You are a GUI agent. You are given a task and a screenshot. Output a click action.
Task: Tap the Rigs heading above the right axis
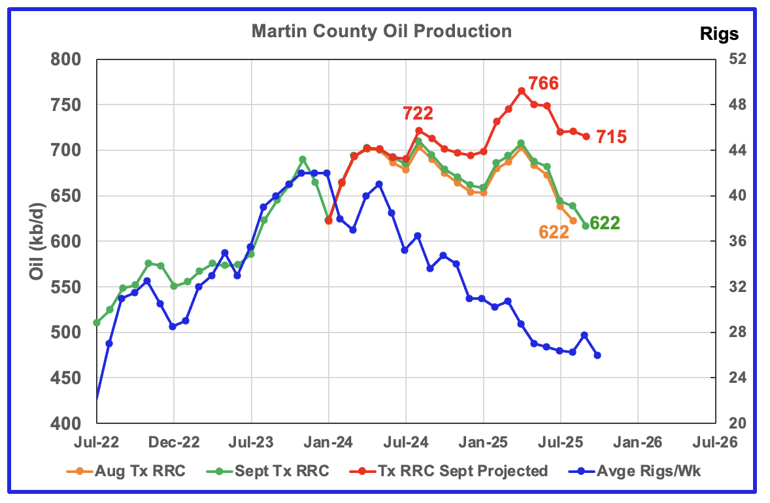[720, 34]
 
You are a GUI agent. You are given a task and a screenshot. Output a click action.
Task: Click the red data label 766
[543, 84]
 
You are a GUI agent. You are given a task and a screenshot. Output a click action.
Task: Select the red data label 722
[418, 114]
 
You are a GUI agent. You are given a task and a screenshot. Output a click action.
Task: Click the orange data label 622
[554, 232]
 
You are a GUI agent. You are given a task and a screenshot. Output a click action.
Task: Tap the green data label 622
[605, 223]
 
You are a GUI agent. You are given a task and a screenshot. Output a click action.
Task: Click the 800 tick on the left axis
[66, 59]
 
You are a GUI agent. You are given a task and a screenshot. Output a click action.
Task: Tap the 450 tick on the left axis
[66, 378]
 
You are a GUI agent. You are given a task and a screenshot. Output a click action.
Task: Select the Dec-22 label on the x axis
[174, 442]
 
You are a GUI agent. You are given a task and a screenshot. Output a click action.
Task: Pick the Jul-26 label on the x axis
[714, 442]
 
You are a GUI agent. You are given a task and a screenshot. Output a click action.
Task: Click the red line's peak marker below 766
[522, 91]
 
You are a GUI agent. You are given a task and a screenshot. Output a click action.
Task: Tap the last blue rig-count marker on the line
[597, 355]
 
